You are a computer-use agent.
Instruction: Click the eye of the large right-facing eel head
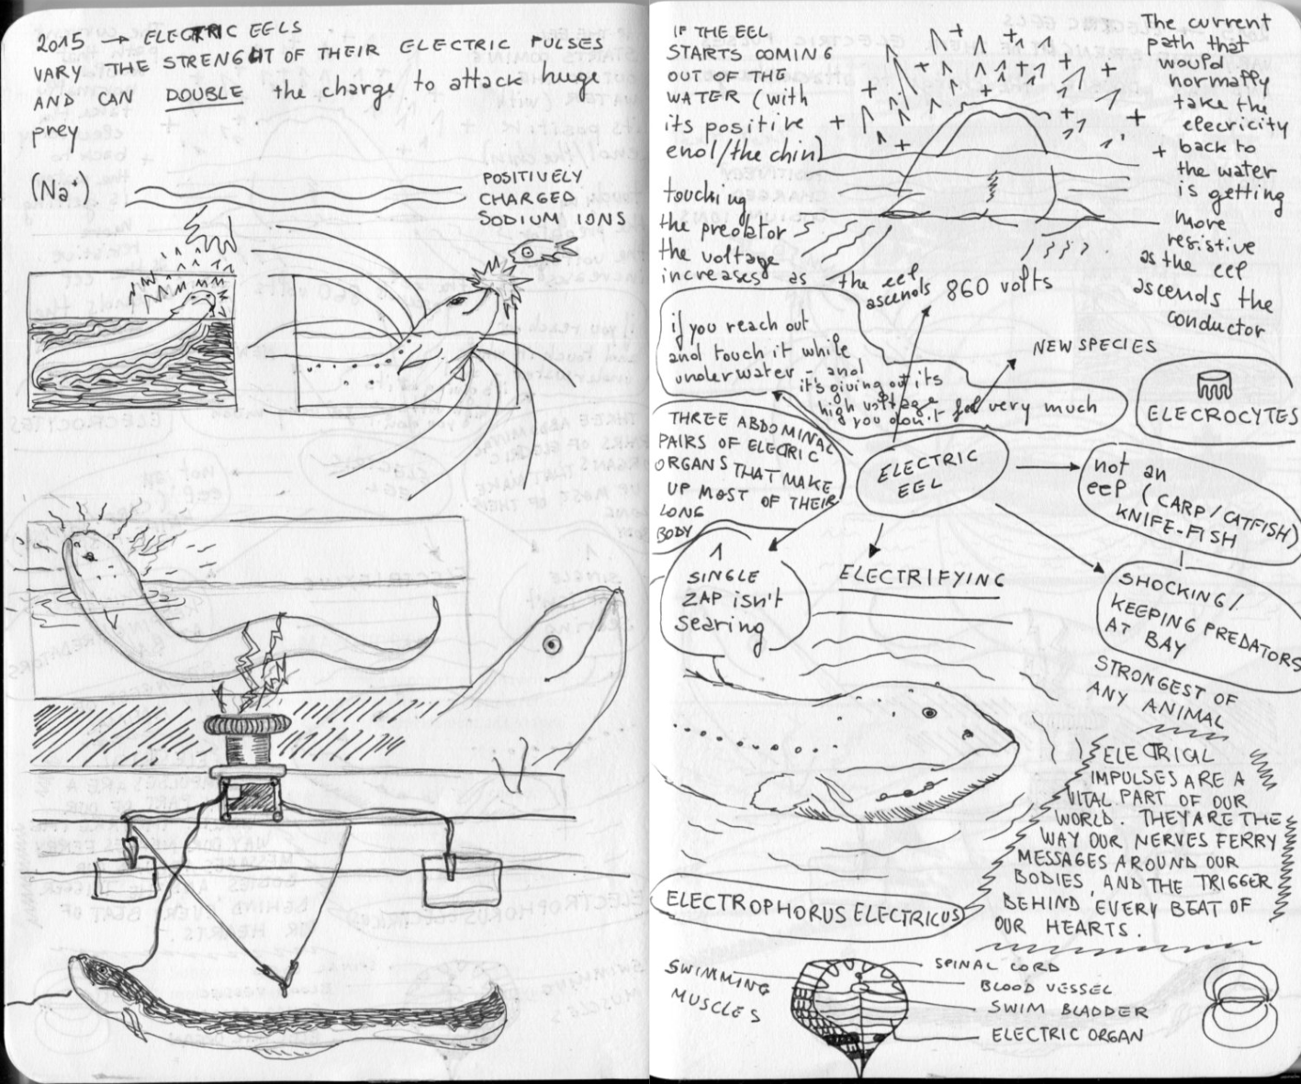(x=551, y=644)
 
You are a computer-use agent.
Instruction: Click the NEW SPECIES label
(x=1094, y=347)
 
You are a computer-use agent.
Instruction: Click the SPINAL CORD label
(x=997, y=965)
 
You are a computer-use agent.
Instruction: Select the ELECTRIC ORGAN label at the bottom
(x=1067, y=1034)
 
